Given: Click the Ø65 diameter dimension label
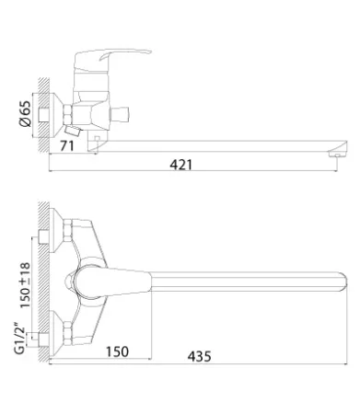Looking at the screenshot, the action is point(25,113).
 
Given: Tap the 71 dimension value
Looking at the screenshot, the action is point(67,146).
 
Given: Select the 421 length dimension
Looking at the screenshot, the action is point(181,165).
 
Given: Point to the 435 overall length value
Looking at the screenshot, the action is point(200,356).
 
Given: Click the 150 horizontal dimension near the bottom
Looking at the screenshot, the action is point(117,351).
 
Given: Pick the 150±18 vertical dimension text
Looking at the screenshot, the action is point(25,285).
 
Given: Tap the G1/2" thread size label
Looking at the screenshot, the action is point(19,338).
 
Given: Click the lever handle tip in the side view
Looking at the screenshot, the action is point(148,52).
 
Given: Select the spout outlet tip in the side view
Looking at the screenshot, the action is point(338,152).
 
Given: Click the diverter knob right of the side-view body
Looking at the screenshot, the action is point(120,114).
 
